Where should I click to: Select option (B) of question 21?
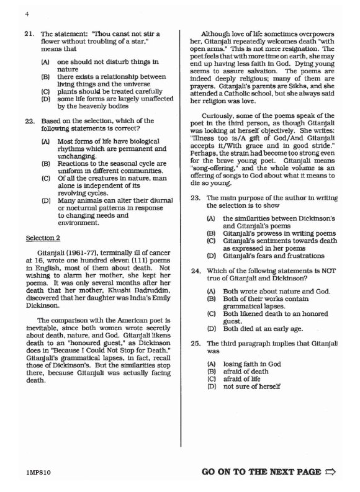tap(45, 76)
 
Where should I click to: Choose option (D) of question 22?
tap(45, 201)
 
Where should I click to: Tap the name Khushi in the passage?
tap(116, 296)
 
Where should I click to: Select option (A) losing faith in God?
tap(211, 362)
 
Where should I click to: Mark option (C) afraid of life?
tap(211, 378)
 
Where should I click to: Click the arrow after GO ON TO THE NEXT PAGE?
tap(330, 472)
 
